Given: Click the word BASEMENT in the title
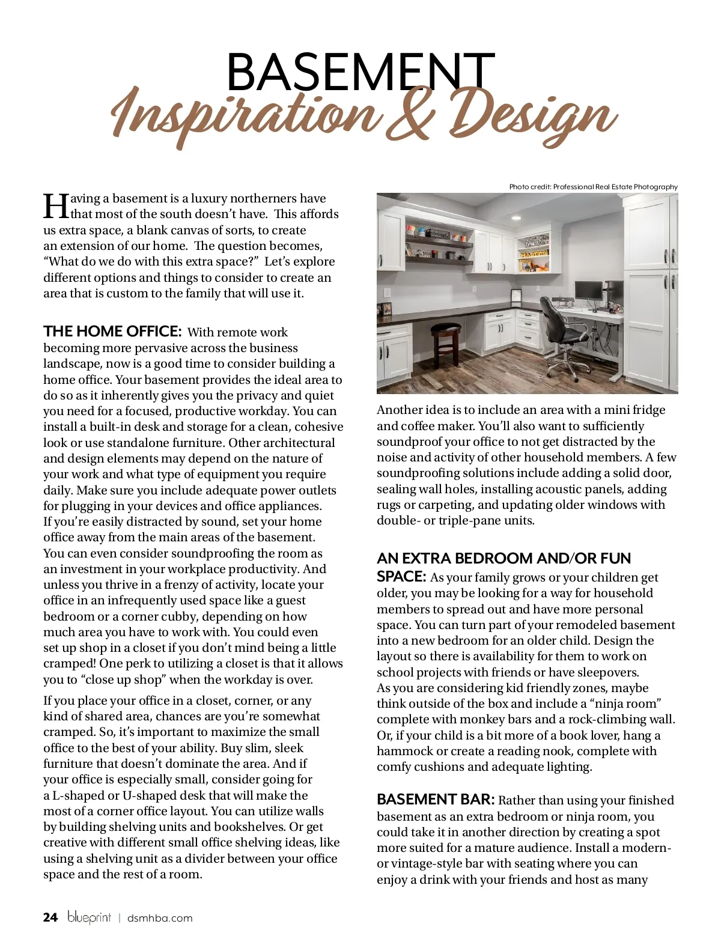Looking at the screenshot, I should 360,72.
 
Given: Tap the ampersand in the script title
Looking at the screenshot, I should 410,117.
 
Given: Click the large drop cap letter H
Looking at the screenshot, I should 56,207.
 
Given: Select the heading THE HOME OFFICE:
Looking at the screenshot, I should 112,332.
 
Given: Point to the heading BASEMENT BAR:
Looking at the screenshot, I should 436,800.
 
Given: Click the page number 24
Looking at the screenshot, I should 50,917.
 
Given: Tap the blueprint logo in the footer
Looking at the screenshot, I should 89,917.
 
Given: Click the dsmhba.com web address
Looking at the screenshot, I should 160,918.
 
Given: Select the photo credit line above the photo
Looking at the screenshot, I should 593,187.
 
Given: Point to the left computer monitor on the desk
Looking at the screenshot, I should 588,291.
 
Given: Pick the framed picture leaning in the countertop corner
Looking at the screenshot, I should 516,297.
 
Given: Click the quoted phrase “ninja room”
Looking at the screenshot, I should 628,704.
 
